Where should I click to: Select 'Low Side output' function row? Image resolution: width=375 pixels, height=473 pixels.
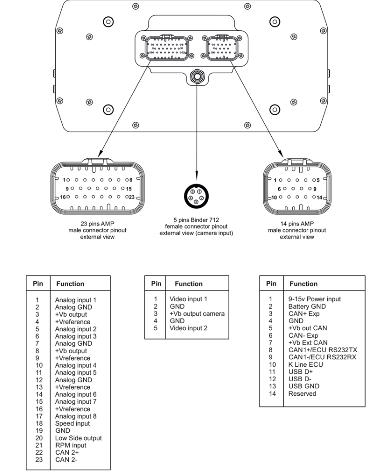pos(79,438)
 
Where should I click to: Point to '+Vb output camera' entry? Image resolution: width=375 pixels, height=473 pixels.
pos(197,313)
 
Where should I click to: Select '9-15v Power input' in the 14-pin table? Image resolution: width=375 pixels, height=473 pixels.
pos(315,299)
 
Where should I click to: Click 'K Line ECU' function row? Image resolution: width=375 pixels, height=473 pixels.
pos(304,364)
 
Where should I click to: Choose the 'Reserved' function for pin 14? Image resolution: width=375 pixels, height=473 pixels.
pos(302,394)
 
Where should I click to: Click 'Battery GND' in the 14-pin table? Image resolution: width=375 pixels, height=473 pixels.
pos(306,306)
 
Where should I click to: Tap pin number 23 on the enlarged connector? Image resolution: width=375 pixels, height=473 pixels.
pos(132,197)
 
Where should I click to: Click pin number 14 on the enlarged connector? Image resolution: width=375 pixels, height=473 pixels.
pos(319,197)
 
